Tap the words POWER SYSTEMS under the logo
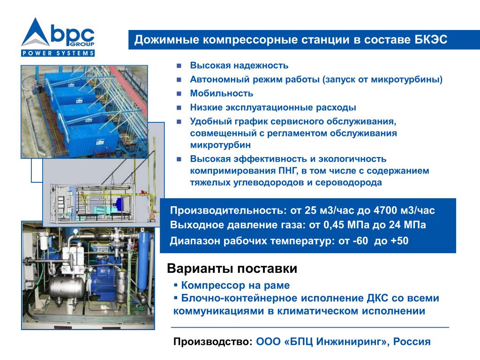[58, 53]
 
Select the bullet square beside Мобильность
[179, 93]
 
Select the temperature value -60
[360, 241]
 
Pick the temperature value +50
[400, 241]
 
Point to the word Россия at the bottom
[412, 341]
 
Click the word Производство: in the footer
[213, 342]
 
